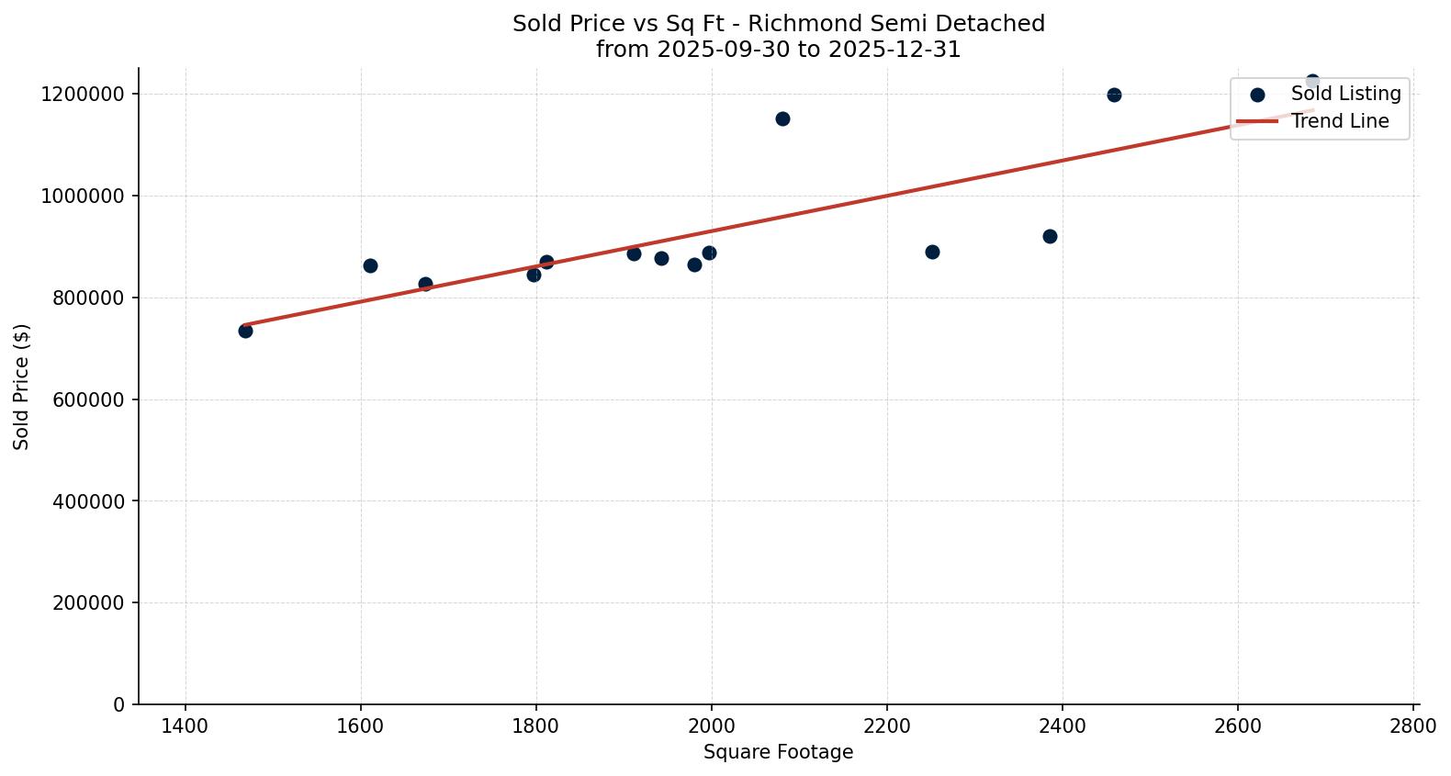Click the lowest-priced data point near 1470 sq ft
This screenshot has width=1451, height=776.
tap(245, 331)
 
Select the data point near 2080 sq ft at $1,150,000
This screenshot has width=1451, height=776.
tap(782, 118)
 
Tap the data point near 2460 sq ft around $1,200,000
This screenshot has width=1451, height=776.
tap(1114, 95)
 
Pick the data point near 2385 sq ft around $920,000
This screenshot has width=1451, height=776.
tap(1050, 236)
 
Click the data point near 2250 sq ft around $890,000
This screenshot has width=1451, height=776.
tap(932, 252)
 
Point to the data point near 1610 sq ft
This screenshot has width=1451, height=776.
tap(370, 265)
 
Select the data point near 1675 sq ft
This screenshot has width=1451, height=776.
tap(425, 284)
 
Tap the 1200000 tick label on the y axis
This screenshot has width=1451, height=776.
tap(83, 94)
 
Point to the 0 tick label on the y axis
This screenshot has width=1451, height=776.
tap(119, 704)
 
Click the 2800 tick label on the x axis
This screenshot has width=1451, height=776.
tap(1413, 725)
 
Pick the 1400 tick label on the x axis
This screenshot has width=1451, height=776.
tap(186, 725)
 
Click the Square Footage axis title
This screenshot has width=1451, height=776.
tap(778, 752)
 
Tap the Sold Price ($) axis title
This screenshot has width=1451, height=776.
tap(22, 387)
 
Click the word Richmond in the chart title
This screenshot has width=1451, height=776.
tap(790, 24)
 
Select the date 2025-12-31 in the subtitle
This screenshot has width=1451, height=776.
tap(894, 50)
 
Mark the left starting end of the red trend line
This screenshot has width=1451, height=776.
tap(244, 324)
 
